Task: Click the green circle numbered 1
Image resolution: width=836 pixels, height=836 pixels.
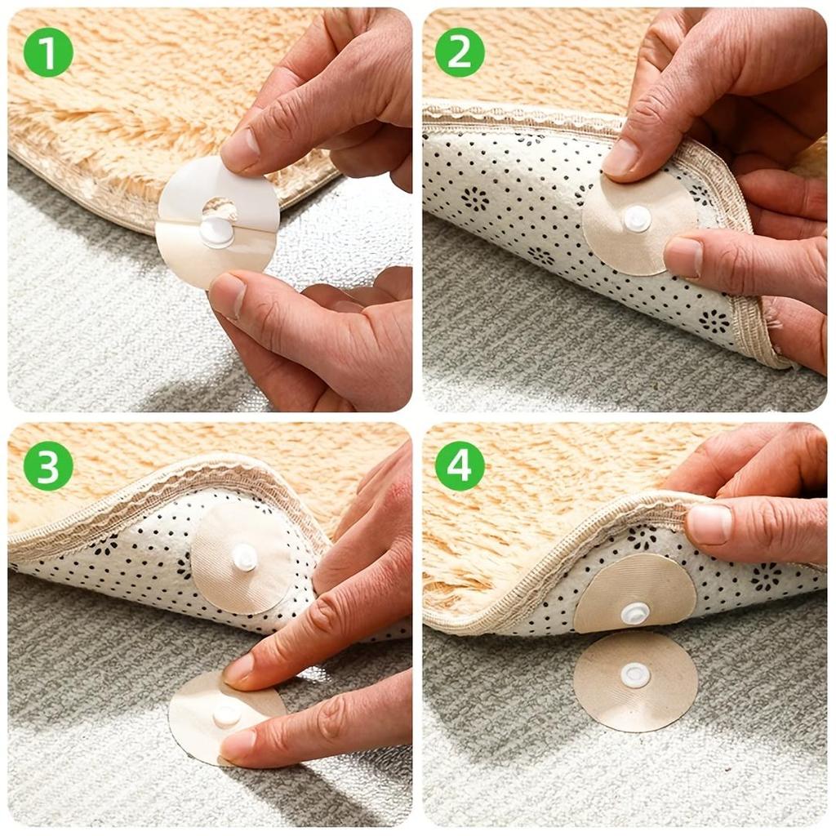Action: (x=48, y=51)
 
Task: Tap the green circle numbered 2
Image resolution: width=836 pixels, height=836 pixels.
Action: (x=460, y=51)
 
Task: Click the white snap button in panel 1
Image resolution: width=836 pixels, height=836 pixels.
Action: (x=217, y=232)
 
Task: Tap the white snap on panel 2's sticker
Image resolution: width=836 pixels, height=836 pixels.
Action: (x=637, y=218)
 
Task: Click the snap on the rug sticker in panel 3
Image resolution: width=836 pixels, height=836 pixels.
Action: (x=244, y=558)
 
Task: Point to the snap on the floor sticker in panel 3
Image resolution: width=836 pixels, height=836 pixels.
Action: (x=227, y=716)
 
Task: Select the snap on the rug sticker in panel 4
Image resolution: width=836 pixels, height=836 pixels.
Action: (x=635, y=612)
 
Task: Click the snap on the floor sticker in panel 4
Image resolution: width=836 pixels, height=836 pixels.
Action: (x=635, y=674)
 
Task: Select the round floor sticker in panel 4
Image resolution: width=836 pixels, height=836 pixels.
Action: (x=635, y=681)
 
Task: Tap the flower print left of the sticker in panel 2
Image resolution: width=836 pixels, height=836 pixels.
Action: (x=475, y=198)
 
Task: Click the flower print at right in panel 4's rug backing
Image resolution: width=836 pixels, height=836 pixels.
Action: (x=766, y=576)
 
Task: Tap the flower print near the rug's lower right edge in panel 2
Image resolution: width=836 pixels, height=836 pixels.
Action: (x=714, y=320)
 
